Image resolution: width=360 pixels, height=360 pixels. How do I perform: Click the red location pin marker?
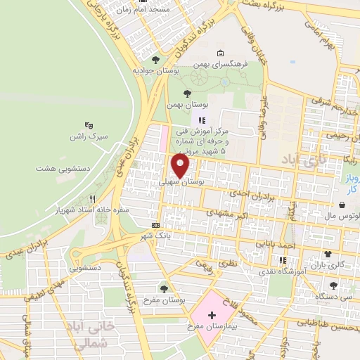(x=181, y=166)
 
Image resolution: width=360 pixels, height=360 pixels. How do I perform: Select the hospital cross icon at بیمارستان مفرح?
(x=213, y=309)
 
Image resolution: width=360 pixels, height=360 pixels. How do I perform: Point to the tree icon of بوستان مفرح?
(x=164, y=288)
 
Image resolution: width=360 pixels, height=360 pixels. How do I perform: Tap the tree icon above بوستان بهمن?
(x=187, y=94)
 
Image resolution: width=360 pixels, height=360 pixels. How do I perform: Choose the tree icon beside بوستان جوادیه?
(x=155, y=60)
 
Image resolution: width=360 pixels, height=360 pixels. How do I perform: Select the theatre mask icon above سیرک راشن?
(x=88, y=124)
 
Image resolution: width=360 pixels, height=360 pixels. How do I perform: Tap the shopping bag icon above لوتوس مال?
(x=341, y=205)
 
